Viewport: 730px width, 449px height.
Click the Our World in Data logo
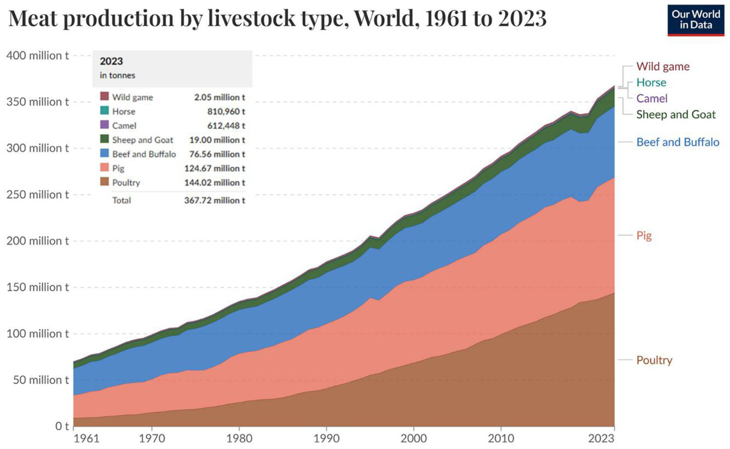(695, 20)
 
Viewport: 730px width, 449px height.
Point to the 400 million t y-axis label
(37, 56)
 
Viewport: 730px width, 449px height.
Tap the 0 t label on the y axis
(62, 426)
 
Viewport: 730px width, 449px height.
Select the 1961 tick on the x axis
(87, 438)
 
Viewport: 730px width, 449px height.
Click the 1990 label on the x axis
(326, 438)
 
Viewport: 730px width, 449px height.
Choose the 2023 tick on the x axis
(601, 438)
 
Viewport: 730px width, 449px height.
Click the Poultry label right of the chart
(654, 360)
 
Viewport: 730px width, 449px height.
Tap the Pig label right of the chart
(644, 235)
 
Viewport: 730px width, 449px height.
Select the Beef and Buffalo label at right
(678, 142)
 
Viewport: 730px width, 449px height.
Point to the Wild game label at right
(663, 67)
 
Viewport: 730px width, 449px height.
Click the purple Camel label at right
(652, 98)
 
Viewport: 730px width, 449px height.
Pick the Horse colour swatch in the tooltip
(105, 111)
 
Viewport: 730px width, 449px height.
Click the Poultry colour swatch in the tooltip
(105, 182)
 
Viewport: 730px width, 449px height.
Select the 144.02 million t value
(214, 183)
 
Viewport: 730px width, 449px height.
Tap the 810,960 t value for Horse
(226, 111)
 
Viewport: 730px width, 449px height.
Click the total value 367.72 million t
(214, 200)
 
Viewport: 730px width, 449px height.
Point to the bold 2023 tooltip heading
(111, 61)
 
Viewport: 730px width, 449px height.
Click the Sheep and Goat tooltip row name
(143, 140)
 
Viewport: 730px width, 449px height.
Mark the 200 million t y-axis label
(37, 241)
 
